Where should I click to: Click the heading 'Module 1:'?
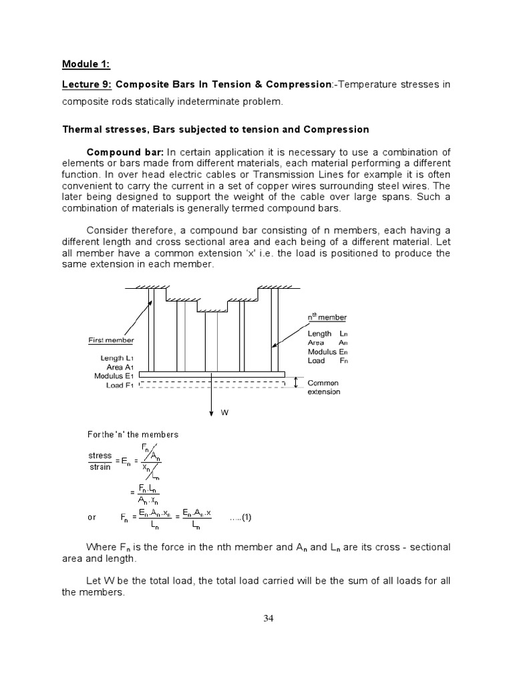point(86,65)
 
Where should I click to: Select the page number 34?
point(269,618)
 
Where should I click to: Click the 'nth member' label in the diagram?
point(327,317)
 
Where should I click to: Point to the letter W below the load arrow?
point(225,413)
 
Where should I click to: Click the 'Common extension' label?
point(323,388)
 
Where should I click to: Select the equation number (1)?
point(240,518)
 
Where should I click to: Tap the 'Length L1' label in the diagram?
point(118,358)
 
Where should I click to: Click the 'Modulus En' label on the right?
point(327,352)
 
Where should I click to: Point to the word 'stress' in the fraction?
point(100,456)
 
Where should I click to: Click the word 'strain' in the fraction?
point(100,467)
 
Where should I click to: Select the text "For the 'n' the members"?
point(134,434)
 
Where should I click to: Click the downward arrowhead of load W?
point(212,410)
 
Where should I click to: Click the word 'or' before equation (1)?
point(92,518)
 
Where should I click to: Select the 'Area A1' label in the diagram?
point(120,368)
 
